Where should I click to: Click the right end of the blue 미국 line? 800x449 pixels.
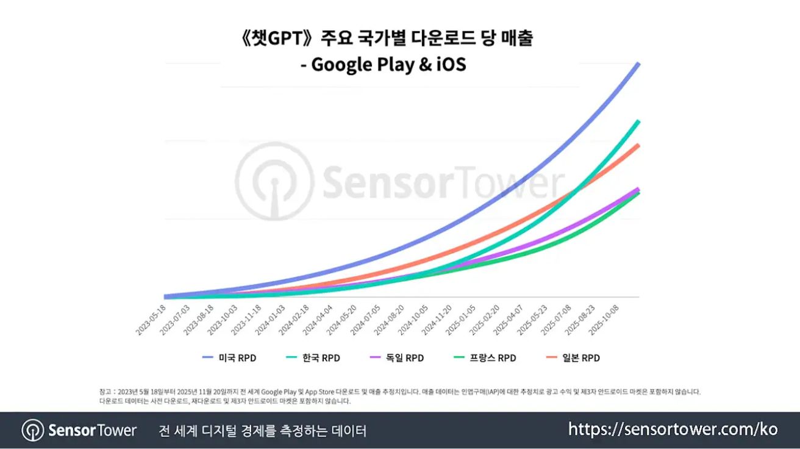(638, 63)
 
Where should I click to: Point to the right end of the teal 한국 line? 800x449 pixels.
(638, 121)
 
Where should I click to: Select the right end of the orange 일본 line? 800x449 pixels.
(638, 145)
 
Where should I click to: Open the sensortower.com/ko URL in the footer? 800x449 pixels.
(673, 429)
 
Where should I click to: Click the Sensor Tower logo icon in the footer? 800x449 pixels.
(32, 430)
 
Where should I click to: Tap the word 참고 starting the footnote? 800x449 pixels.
(105, 392)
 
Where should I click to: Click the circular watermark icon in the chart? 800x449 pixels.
(274, 181)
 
